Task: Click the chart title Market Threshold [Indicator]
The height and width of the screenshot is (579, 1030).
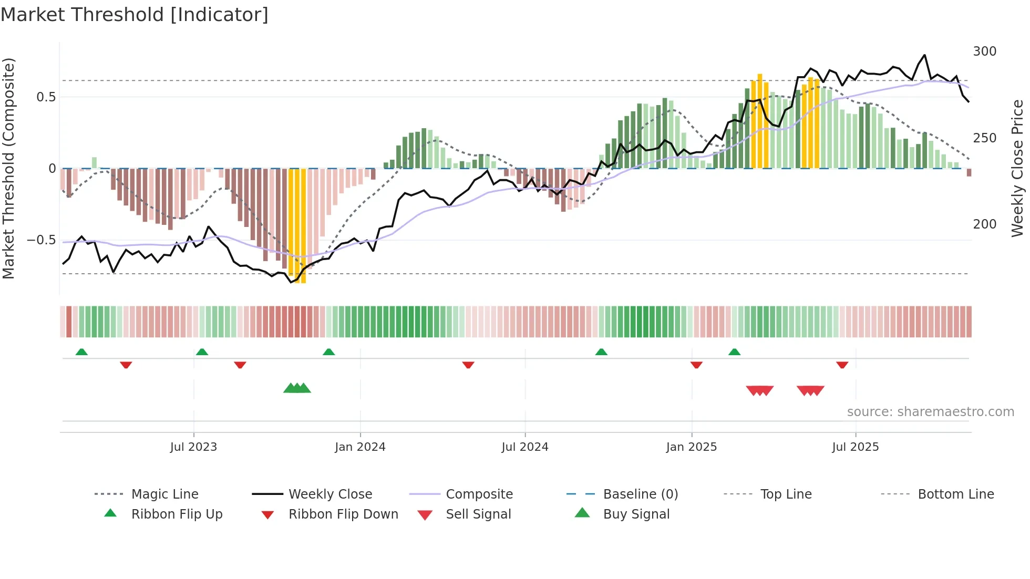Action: (x=135, y=15)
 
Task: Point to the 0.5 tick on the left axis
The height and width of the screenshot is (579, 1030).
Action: (x=46, y=97)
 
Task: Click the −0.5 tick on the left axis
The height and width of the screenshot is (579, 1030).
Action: (x=41, y=240)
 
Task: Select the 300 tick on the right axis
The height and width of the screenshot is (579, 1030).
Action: (x=984, y=51)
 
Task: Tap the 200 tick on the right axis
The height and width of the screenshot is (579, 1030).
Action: (x=984, y=224)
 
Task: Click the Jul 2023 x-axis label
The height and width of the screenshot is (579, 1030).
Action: (x=193, y=447)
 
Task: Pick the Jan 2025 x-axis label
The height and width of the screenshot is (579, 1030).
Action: (x=691, y=447)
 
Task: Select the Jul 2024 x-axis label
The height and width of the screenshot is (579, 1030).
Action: (x=524, y=447)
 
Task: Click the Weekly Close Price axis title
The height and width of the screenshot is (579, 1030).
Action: (x=1017, y=168)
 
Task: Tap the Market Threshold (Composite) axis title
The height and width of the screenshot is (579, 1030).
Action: (x=9, y=168)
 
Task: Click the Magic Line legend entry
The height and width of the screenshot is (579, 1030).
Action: (x=164, y=494)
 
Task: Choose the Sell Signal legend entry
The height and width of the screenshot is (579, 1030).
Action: (x=478, y=514)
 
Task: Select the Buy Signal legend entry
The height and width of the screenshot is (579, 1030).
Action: (x=636, y=514)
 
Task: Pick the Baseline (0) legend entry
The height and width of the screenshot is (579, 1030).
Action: (x=640, y=494)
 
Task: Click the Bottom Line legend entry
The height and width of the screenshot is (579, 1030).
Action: (x=955, y=494)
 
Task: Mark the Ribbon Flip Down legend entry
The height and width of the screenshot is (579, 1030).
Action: (x=343, y=514)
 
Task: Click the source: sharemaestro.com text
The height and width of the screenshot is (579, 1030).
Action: (x=930, y=412)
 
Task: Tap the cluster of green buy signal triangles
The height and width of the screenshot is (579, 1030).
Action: (x=297, y=389)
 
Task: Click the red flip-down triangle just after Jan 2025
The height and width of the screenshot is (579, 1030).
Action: (x=696, y=365)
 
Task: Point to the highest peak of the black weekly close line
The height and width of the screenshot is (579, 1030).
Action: (x=924, y=55)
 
